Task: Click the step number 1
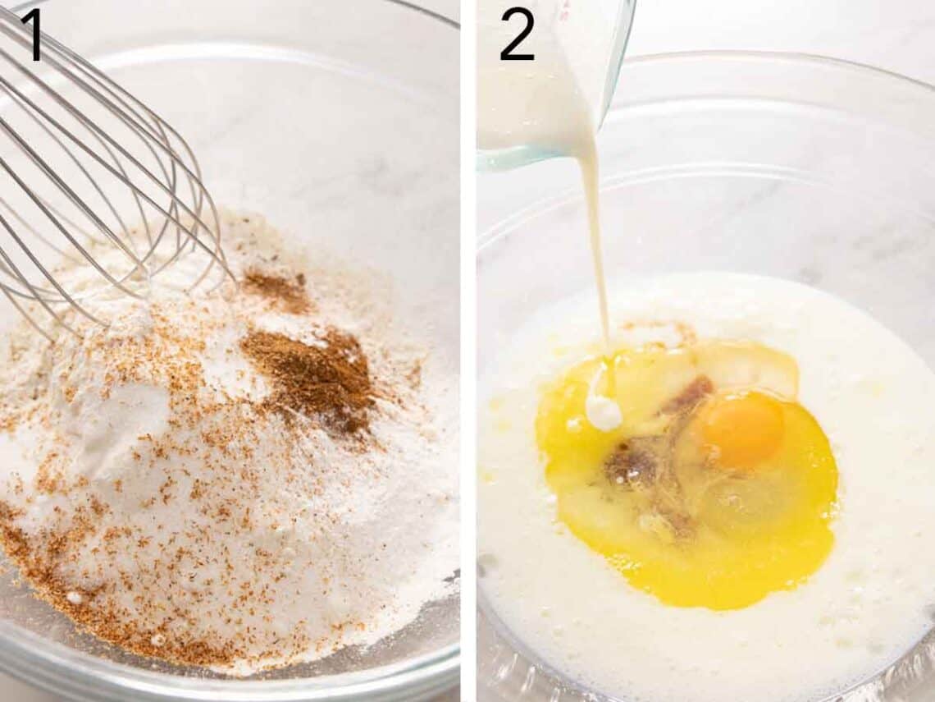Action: coord(32,36)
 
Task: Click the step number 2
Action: coord(517,36)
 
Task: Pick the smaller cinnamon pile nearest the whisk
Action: coord(277,290)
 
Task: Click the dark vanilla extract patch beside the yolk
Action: coord(632,462)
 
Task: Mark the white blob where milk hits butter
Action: coord(604,413)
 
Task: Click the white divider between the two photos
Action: coord(468,351)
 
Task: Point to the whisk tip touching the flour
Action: coord(230,274)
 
